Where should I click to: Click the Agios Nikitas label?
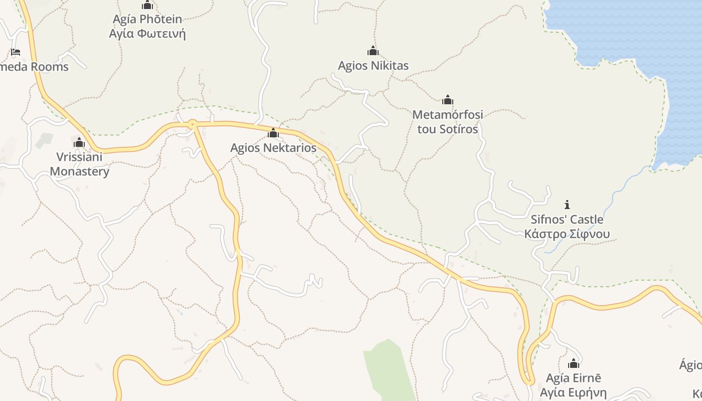(x=373, y=66)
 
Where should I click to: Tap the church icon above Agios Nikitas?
(x=373, y=51)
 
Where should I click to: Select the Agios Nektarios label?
(x=273, y=148)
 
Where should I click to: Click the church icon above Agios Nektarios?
(x=273, y=133)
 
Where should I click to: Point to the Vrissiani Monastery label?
(x=79, y=164)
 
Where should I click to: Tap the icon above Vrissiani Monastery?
(x=79, y=143)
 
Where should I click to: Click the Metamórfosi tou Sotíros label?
(x=448, y=122)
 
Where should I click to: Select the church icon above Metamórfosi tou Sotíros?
(x=448, y=100)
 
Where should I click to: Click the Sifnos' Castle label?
(x=567, y=220)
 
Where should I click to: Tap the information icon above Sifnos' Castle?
(x=567, y=205)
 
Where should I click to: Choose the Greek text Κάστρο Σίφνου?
(x=567, y=234)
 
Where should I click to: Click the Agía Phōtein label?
(x=147, y=20)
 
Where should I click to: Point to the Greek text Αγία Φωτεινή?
(x=147, y=34)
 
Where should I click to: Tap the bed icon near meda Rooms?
(x=16, y=52)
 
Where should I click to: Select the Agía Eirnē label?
(x=574, y=378)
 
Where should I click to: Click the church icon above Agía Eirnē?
(x=574, y=363)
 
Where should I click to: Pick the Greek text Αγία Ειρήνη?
(x=574, y=392)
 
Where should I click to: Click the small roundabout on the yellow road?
(x=193, y=123)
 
